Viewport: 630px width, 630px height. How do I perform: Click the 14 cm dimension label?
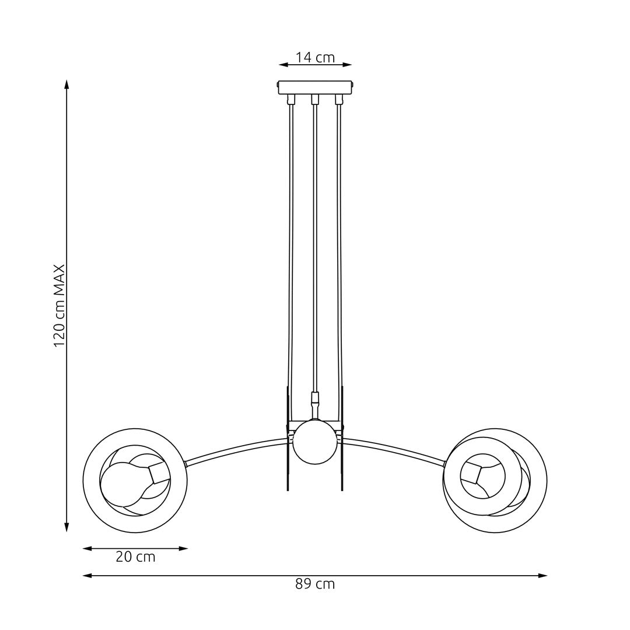315,57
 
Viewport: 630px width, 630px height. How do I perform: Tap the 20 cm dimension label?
135,557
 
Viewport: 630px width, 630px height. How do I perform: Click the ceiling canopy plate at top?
315,87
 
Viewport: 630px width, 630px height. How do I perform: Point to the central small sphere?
315,442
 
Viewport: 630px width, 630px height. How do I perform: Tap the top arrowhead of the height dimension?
66,84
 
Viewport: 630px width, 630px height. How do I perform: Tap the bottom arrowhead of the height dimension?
66,527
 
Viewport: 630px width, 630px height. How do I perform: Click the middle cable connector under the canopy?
315,99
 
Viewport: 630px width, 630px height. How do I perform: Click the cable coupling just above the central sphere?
315,400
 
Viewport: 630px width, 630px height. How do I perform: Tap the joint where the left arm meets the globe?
185,464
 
